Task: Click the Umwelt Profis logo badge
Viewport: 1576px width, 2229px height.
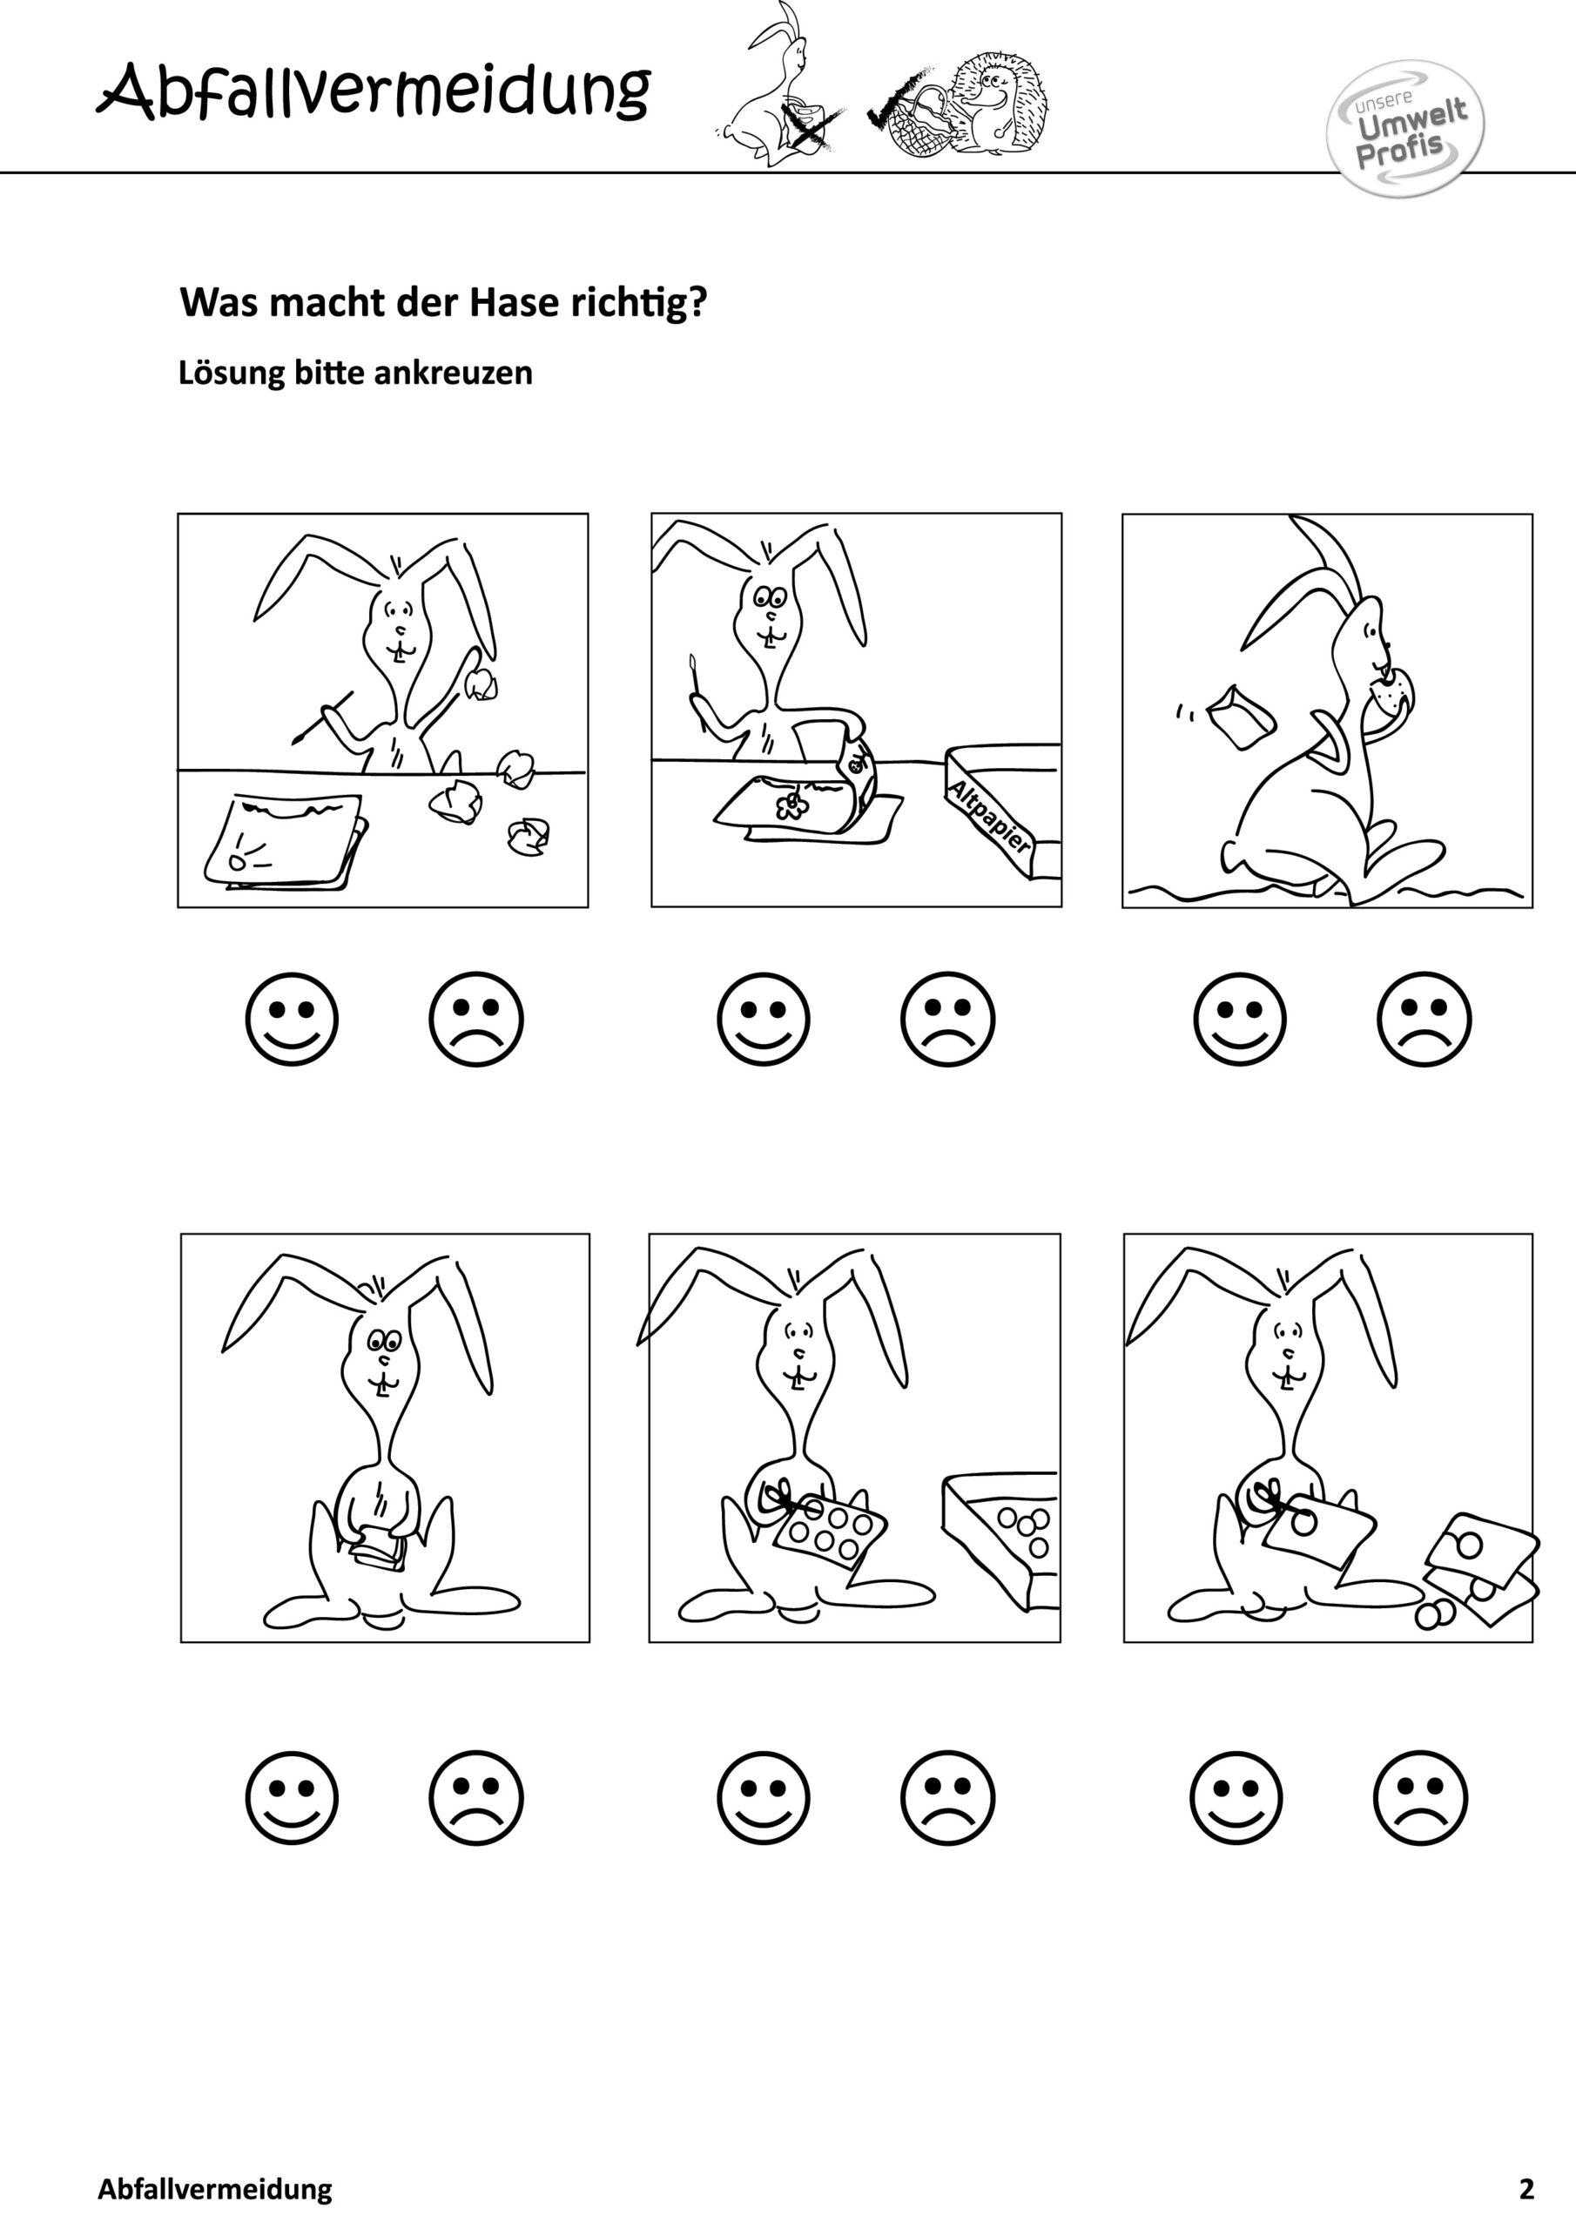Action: coord(1405,128)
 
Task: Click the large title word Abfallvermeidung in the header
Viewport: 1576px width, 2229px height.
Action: coord(374,93)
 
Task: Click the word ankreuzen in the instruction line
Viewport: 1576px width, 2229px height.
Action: coord(453,373)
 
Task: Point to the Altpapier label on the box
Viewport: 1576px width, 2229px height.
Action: coord(989,816)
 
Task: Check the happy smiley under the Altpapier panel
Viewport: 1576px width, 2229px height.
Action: coord(764,1019)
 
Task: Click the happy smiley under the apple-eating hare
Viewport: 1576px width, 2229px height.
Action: coord(1240,1019)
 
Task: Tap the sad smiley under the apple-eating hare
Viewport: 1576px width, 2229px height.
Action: coord(1424,1019)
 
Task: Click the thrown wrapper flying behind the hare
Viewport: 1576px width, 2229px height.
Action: coord(1239,716)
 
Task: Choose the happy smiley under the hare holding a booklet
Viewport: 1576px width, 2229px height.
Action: coord(293,1797)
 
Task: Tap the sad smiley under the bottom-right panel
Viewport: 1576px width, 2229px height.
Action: coord(1422,1797)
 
